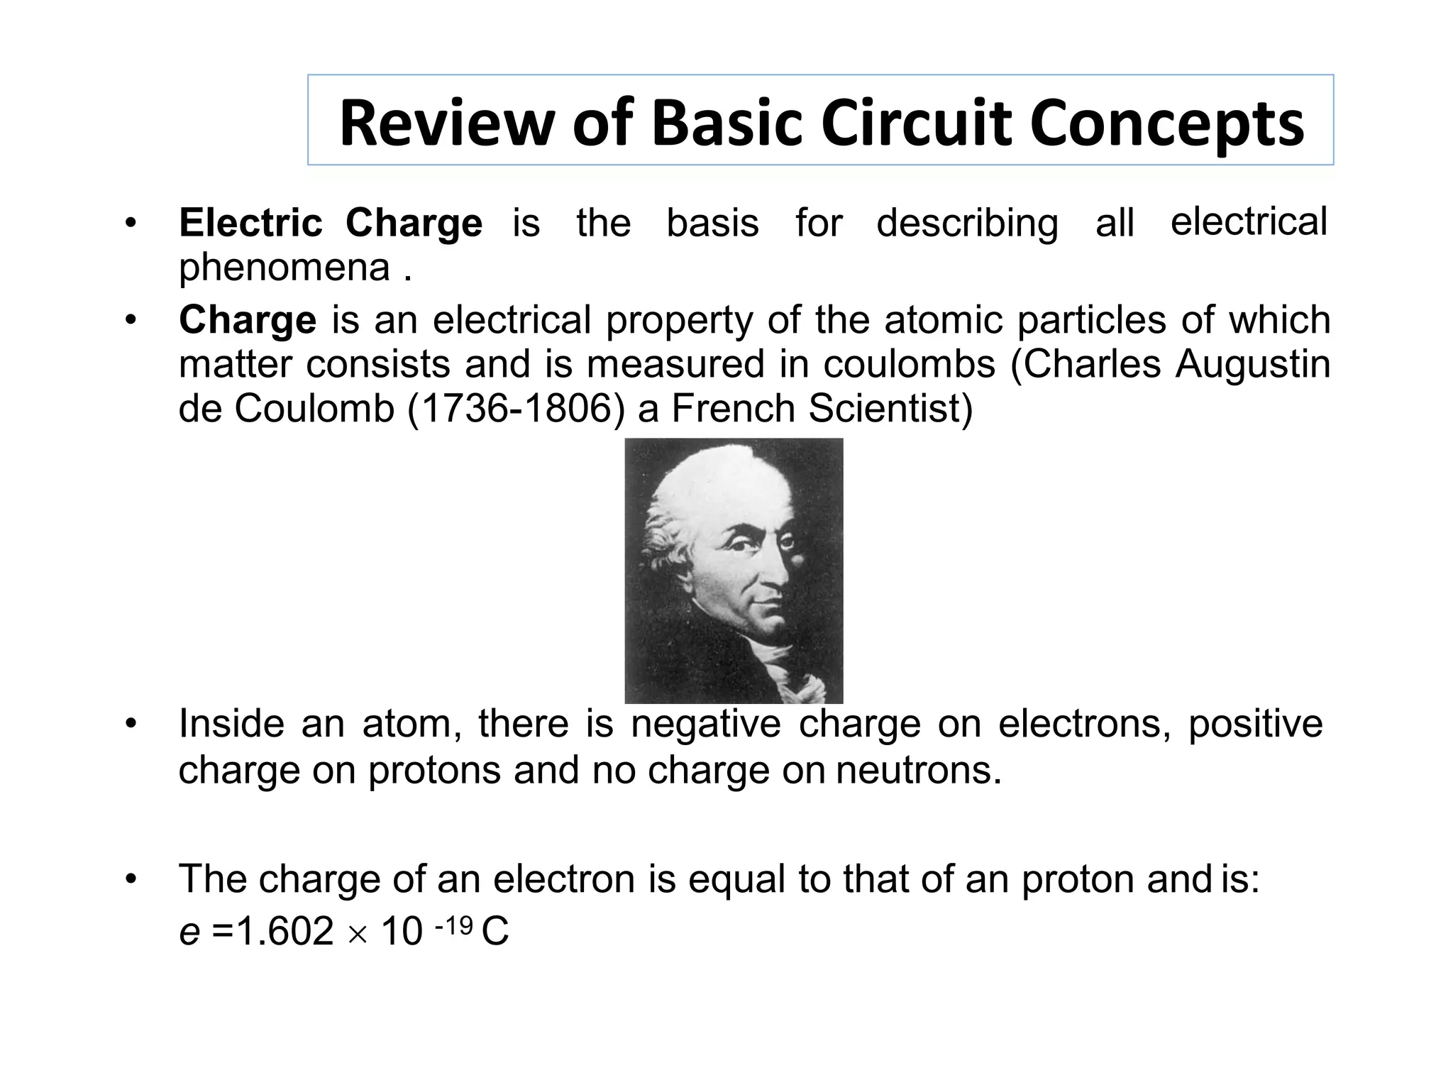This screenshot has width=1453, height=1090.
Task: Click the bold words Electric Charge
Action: pos(331,223)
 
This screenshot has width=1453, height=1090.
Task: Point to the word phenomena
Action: pos(284,268)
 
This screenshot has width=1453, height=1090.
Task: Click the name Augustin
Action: pos(1252,365)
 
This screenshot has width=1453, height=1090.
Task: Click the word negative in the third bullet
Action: pos(706,725)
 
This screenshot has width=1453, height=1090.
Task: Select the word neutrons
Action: pos(919,770)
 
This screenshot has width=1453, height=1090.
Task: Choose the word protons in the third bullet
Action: pos(434,770)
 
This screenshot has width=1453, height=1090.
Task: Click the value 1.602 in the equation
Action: pos(284,932)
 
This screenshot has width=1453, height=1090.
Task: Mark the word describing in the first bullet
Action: pos(968,223)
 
